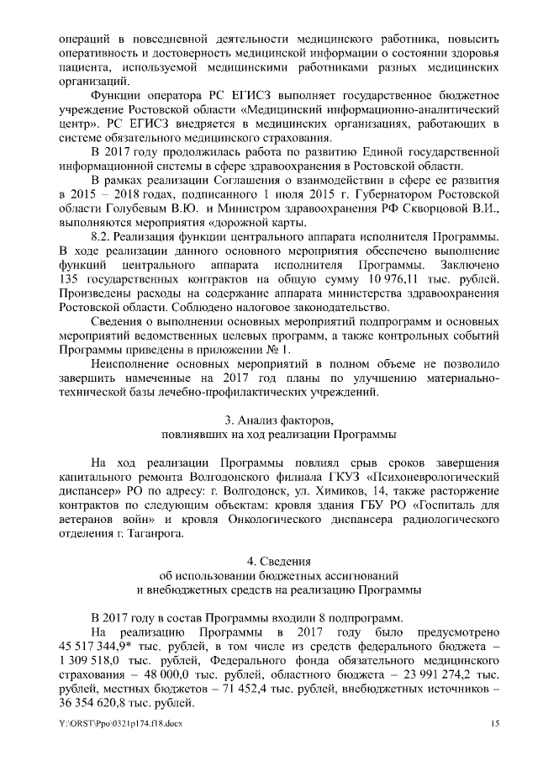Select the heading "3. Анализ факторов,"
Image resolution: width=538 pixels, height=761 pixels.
[x=279, y=420]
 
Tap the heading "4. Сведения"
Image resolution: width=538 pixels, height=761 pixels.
[x=279, y=560]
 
